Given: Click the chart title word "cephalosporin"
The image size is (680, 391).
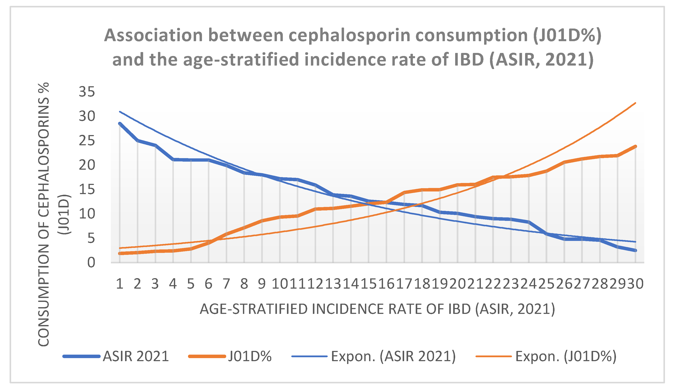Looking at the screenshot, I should click(x=349, y=36).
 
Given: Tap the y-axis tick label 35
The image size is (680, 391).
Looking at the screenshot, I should click(x=87, y=92).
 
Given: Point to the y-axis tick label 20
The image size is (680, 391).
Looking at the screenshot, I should click(x=87, y=165).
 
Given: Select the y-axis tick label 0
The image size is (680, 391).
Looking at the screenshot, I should click(x=91, y=263).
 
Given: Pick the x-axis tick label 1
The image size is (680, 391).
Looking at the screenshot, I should click(x=120, y=284).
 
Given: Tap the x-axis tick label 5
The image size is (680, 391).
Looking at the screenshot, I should click(x=191, y=284).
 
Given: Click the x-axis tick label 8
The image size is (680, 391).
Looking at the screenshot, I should click(x=244, y=284).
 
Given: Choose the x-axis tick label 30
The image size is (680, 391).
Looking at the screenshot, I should click(x=635, y=284).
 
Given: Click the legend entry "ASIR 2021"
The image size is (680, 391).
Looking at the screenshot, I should click(x=136, y=356).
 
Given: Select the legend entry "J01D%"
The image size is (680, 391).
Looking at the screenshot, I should click(x=250, y=356).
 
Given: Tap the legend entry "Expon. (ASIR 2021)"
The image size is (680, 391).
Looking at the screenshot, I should click(x=393, y=356).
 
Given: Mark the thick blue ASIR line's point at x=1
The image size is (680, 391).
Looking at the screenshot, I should click(x=120, y=124).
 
